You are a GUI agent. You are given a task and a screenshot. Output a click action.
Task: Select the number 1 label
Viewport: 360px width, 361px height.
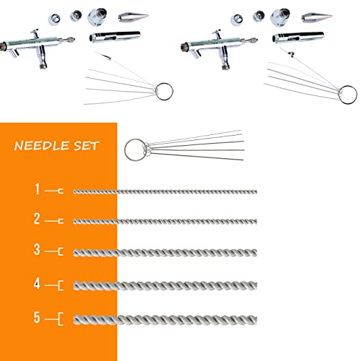[36, 191]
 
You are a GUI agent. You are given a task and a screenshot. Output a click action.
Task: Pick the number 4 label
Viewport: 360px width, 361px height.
[36, 284]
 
